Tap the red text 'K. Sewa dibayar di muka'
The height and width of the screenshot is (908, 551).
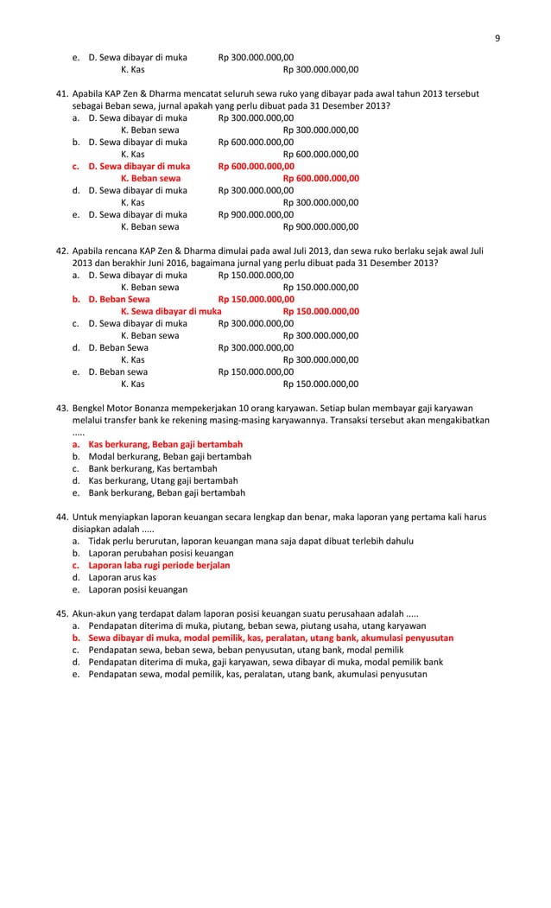coord(171,311)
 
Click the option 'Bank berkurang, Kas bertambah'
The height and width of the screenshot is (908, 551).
coord(148,468)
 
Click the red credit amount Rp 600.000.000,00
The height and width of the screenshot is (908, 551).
coord(321,178)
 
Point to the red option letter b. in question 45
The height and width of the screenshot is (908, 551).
coord(76,638)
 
